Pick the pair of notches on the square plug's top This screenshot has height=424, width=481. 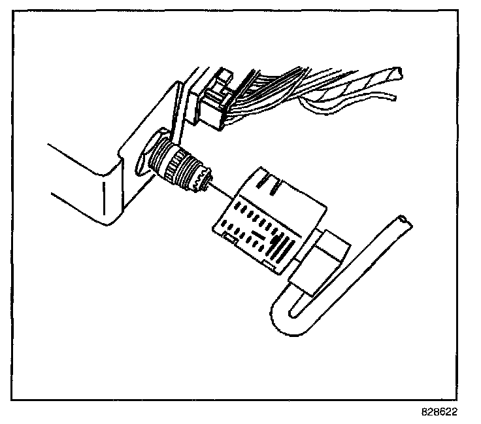[269, 177]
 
